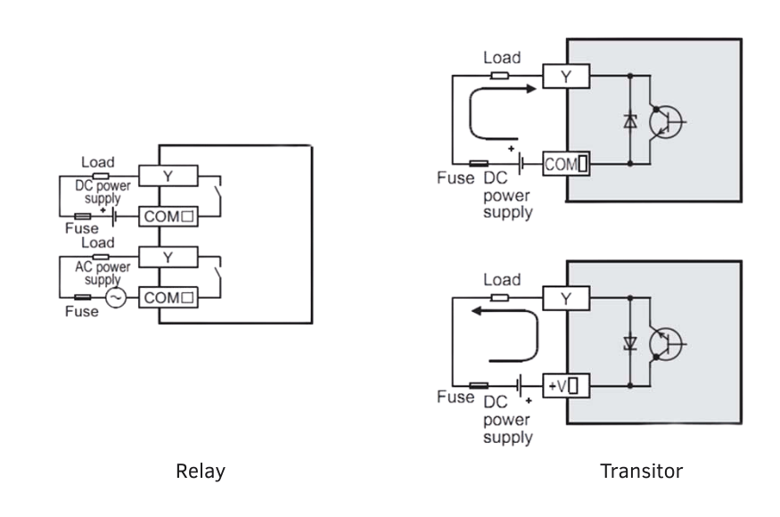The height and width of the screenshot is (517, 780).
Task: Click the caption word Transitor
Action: tap(641, 471)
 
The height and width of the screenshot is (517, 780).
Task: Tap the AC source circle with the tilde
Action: tap(116, 299)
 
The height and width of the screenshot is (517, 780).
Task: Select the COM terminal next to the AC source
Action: tap(168, 299)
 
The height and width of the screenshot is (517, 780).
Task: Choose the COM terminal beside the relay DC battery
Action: tap(168, 217)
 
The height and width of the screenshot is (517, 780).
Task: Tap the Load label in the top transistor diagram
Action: tap(502, 58)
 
